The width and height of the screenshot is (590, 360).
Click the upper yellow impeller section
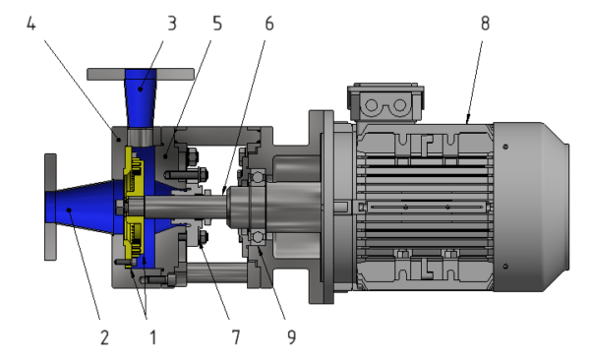pos(132,179)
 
